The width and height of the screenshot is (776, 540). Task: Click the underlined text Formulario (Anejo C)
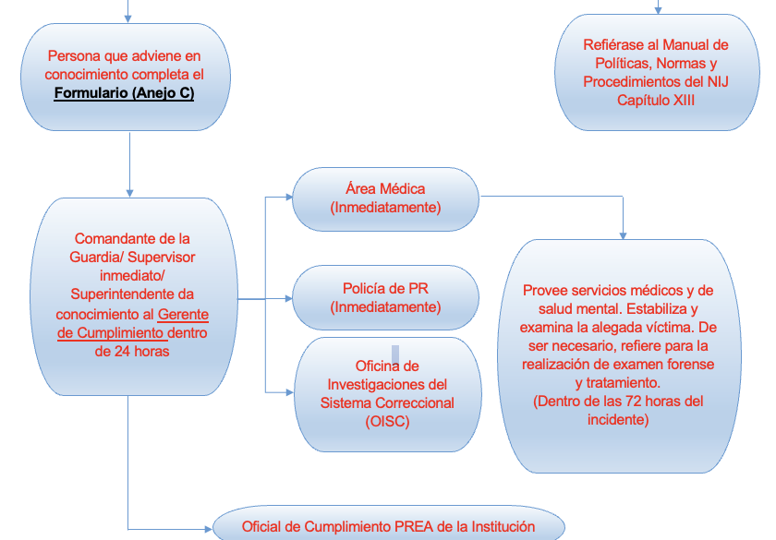[x=124, y=93]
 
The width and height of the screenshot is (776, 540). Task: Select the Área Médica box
[x=385, y=198]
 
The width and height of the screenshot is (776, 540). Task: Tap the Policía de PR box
[x=385, y=297]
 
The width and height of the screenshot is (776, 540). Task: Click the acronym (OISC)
[x=387, y=421]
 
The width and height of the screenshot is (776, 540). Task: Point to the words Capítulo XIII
[x=656, y=101]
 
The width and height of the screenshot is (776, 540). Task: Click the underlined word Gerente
[x=183, y=315]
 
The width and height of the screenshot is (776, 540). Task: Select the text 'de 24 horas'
[x=132, y=351]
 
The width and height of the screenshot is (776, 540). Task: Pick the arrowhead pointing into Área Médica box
[x=289, y=197]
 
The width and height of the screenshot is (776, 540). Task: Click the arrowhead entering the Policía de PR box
[x=289, y=299]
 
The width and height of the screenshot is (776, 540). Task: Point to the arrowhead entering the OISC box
[x=290, y=392]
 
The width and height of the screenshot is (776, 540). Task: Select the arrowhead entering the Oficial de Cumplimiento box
[x=209, y=529]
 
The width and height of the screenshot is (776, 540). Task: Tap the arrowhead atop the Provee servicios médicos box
[x=623, y=236]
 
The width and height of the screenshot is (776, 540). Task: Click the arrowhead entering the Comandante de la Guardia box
[x=129, y=193]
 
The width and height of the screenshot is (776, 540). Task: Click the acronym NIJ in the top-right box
[x=718, y=81]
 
